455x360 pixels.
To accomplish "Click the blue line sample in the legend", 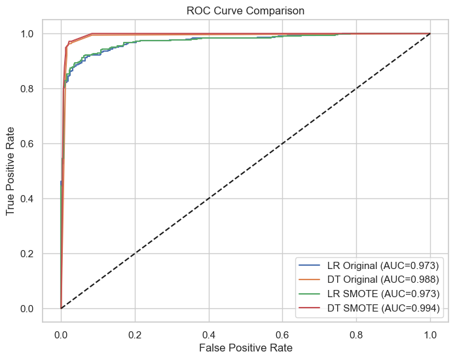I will point(310,265).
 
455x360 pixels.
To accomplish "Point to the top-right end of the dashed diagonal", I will point(430,33).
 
